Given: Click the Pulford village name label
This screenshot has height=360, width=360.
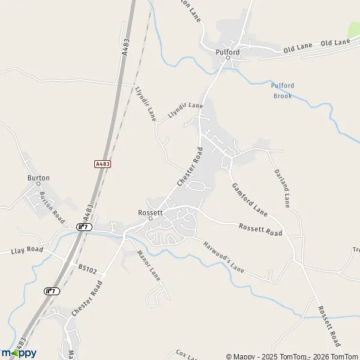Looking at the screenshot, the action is click(227, 52).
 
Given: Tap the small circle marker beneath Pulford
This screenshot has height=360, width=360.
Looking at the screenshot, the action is click(227, 58).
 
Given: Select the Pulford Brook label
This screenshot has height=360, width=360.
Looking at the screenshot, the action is click(282, 91).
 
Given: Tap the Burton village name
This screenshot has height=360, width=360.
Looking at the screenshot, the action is click(38, 178).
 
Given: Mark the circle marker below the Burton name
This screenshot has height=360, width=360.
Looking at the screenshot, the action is click(38, 184).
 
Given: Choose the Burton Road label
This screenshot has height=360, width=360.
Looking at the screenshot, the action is click(52, 203).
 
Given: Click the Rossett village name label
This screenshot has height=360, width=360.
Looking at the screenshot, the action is click(150, 212).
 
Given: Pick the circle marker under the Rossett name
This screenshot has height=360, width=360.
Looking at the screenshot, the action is click(150, 218).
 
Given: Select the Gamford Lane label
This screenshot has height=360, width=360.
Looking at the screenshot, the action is click(249, 199).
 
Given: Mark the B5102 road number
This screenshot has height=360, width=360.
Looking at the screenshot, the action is click(87, 270).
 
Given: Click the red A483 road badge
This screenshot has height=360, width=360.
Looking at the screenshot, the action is click(103, 163).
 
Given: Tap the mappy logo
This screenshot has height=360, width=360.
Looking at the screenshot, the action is click(19, 353).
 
